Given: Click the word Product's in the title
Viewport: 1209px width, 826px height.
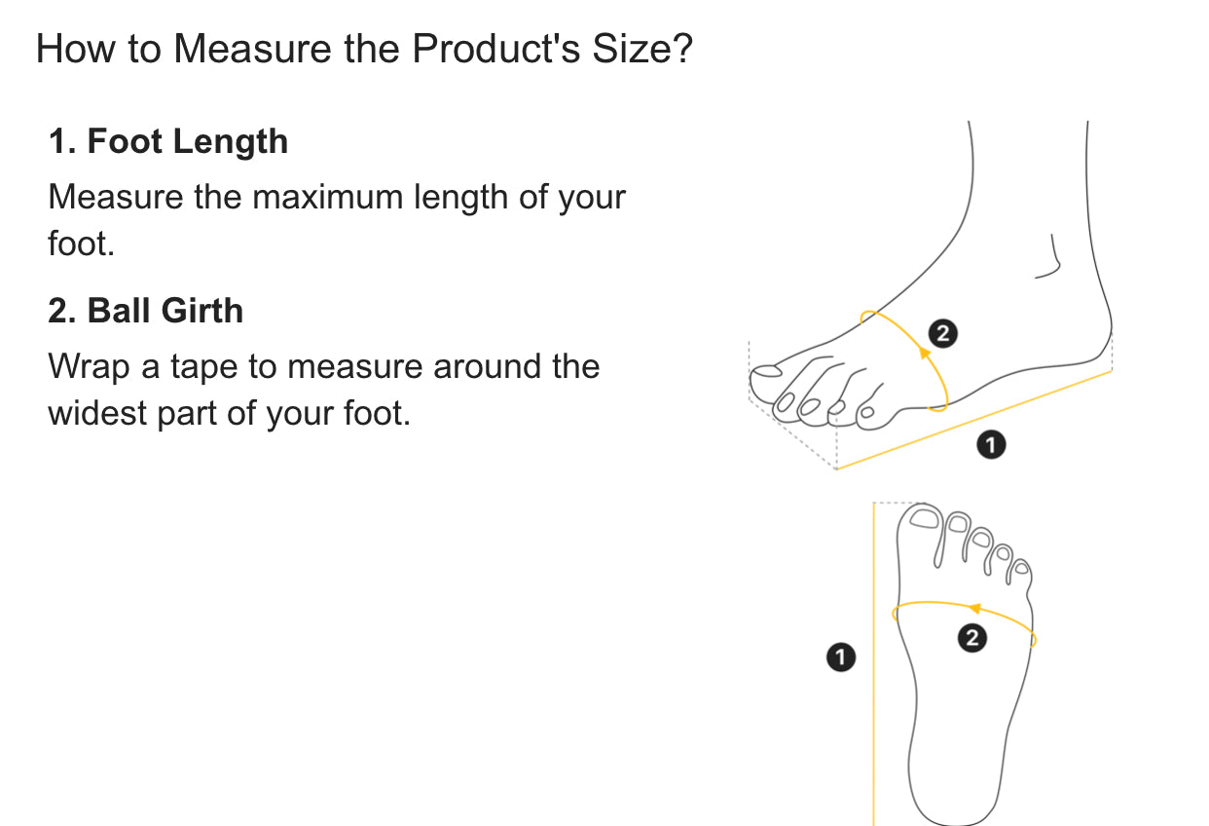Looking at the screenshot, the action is (x=496, y=49).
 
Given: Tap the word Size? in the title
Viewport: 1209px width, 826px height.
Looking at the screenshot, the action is (x=642, y=49).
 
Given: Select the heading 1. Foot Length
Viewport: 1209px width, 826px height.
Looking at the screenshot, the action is (x=167, y=141).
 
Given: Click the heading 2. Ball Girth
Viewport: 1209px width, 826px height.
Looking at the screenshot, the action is (x=145, y=311).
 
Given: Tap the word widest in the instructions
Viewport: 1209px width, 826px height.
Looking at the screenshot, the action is (x=97, y=413).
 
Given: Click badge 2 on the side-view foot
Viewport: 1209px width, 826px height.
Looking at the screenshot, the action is (x=943, y=333).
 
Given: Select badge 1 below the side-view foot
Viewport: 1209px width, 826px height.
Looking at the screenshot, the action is (x=991, y=444).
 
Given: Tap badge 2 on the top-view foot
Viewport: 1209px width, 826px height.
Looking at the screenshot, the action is (x=972, y=638).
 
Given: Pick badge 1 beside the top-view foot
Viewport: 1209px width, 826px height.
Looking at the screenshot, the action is (x=841, y=657).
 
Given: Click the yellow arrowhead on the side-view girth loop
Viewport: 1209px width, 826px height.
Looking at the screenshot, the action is (x=925, y=354).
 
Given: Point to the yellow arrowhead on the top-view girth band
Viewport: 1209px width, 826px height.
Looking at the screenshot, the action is (x=974, y=608).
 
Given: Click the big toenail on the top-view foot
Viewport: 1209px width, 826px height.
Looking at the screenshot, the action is (x=924, y=518).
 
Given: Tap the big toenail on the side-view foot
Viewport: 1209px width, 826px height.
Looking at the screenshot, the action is (x=766, y=371).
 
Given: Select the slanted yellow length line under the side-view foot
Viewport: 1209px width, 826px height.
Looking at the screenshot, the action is (x=974, y=420).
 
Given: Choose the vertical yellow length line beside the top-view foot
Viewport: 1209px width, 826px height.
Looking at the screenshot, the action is (x=873, y=664).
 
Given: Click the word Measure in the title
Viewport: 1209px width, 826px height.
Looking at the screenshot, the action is (x=252, y=49).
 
